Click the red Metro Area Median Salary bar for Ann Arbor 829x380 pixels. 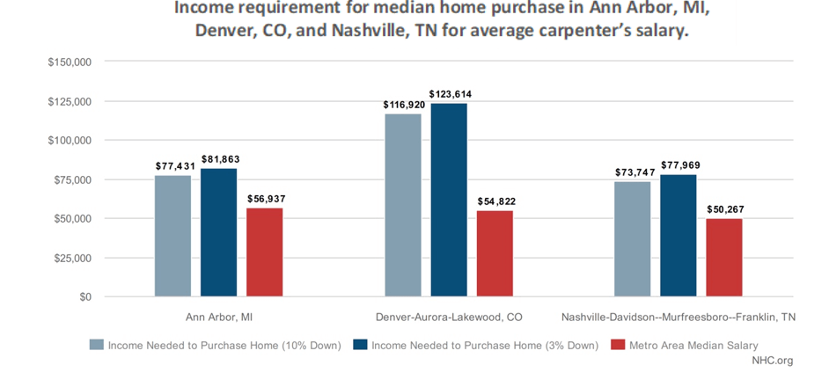pos(264,252)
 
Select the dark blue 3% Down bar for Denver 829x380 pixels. pos(448,200)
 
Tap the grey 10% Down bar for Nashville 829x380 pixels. pos(632,239)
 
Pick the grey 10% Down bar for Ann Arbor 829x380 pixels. pos(172,236)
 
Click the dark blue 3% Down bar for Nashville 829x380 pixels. pos(678,235)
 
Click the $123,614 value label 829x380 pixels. pos(449,94)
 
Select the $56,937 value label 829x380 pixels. pos(264,199)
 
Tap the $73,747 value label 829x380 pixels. pos(632,172)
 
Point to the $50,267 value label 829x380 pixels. pos(724,209)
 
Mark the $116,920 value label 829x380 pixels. pos(402,105)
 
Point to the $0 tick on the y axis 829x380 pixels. pos(84,297)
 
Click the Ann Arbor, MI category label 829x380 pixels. pos(218,316)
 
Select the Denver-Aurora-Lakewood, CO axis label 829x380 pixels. pos(449,316)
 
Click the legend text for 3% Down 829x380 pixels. pos(469,345)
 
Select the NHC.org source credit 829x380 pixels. pos(772,361)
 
